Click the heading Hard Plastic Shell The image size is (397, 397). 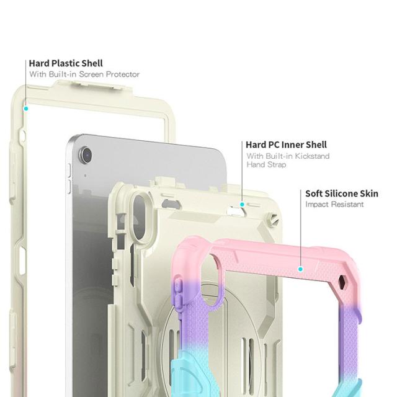pyautogui.click(x=66, y=63)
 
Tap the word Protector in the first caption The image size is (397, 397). pyautogui.click(x=122, y=74)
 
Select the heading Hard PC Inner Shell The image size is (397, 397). pyautogui.click(x=286, y=145)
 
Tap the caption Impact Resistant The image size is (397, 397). pyautogui.click(x=334, y=205)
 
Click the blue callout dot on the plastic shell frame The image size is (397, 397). pyautogui.click(x=27, y=108)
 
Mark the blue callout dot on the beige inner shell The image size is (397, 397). pyautogui.click(x=242, y=203)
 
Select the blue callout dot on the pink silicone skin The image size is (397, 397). pyautogui.click(x=300, y=269)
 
